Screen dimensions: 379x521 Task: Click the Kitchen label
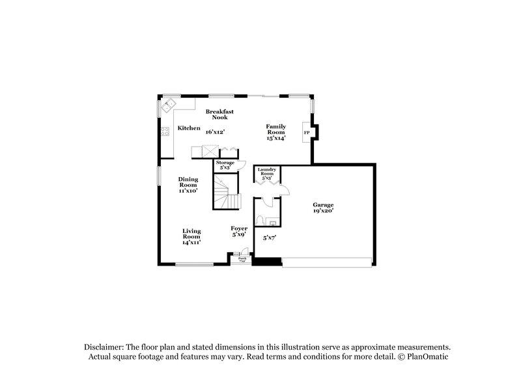click(189, 128)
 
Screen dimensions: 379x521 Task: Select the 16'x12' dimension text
click(214, 132)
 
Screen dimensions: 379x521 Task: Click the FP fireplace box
click(307, 132)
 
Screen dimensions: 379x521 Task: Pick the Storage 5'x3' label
click(225, 165)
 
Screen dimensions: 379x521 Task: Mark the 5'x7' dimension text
click(270, 239)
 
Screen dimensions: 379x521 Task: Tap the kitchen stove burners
click(165, 134)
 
